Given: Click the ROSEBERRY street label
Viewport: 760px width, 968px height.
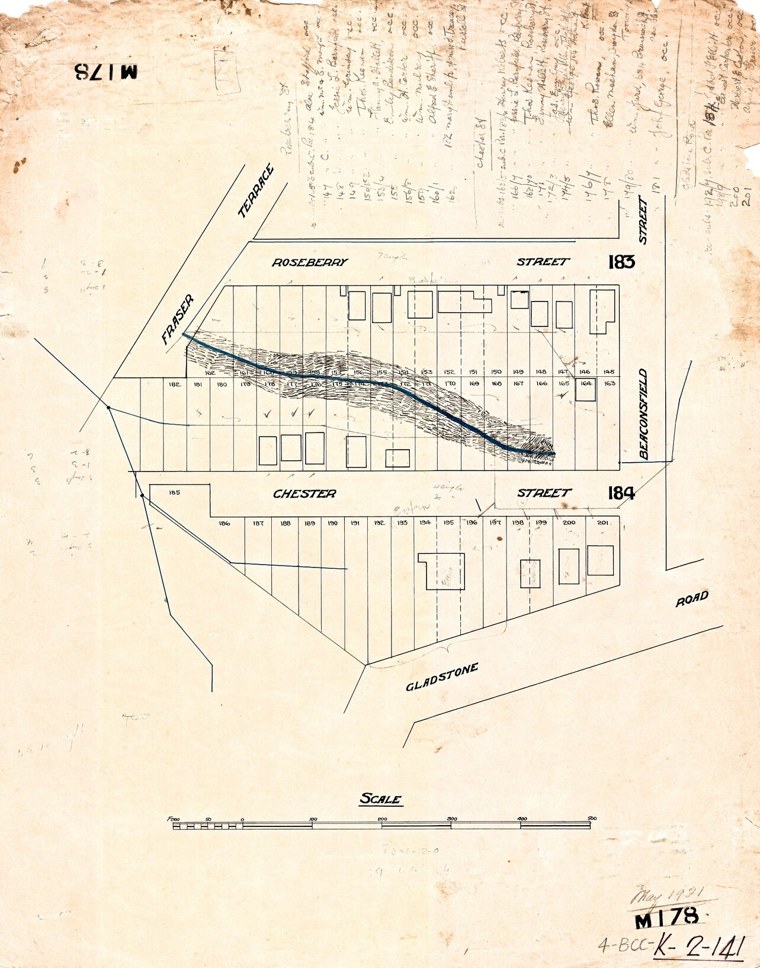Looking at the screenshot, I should coord(309,262).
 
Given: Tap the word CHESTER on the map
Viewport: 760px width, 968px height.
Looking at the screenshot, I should coord(304,493).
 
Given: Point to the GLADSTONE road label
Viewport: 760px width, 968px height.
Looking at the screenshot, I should coord(442,677).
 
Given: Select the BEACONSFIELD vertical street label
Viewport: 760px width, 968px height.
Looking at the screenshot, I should coord(644,414).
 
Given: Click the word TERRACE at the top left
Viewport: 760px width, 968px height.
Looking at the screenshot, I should coord(256,191).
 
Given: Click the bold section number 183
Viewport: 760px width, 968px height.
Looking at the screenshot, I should coord(621,262).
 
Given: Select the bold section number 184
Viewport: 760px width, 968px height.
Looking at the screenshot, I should coord(621,493).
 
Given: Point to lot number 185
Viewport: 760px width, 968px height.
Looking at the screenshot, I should coord(174,492).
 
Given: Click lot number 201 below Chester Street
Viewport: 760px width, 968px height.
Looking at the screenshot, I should coord(602,523).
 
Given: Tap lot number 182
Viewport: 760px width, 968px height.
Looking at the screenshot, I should coord(174,384).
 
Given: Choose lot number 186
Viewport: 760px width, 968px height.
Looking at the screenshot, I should coord(224,523).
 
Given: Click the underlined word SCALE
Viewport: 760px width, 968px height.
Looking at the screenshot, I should coord(381,799).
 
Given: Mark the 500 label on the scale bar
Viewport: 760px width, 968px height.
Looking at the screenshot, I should coord(592,819).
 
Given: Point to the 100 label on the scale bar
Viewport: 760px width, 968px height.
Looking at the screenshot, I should coord(313,819).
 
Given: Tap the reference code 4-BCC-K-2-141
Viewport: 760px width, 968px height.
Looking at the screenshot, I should coord(671,947).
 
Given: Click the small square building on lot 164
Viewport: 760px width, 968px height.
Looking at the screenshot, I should coord(585,390).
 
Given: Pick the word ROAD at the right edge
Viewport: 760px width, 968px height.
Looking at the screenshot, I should coord(692,598).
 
